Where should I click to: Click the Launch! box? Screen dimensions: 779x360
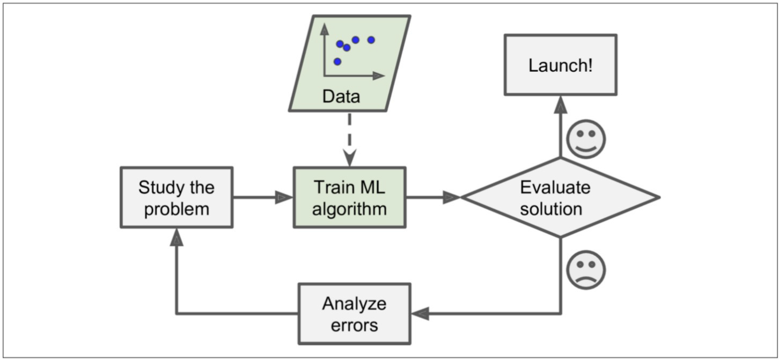pyautogui.click(x=561, y=65)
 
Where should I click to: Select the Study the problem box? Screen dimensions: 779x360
pyautogui.click(x=177, y=197)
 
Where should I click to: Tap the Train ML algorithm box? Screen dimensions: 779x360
pyautogui.click(x=349, y=197)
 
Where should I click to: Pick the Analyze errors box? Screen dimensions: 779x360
pyautogui.click(x=355, y=314)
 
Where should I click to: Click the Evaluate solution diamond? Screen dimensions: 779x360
pyautogui.click(x=561, y=197)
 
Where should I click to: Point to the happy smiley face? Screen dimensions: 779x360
pyautogui.click(x=586, y=139)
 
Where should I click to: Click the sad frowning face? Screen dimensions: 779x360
pyautogui.click(x=586, y=269)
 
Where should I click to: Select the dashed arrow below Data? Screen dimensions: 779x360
pyautogui.click(x=349, y=139)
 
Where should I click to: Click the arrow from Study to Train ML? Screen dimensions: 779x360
pyautogui.click(x=263, y=197)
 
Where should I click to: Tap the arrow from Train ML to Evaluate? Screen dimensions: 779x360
pyautogui.click(x=433, y=197)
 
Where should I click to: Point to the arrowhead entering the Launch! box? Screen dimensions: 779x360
pyautogui.click(x=561, y=104)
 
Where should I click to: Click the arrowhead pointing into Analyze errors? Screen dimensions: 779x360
pyautogui.click(x=420, y=314)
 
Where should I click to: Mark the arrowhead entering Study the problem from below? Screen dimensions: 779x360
pyautogui.click(x=177, y=237)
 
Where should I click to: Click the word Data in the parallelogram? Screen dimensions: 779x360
pyautogui.click(x=341, y=97)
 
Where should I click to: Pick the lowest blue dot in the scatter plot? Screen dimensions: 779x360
pyautogui.click(x=337, y=62)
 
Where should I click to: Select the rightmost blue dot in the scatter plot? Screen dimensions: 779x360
pyautogui.click(x=371, y=40)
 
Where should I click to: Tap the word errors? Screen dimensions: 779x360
pyautogui.click(x=355, y=326)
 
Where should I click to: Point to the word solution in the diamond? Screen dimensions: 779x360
pyautogui.click(x=551, y=209)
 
